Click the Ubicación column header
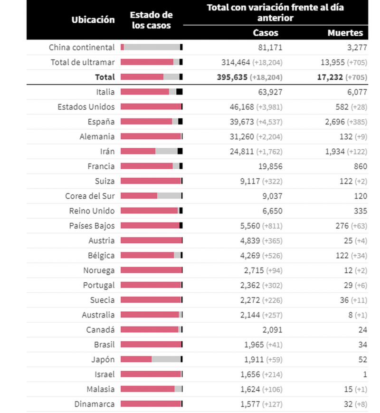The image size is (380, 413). click(x=93, y=19)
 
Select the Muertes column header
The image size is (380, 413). click(x=345, y=33)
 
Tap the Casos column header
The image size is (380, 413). click(x=266, y=33)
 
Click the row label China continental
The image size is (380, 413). click(x=82, y=47)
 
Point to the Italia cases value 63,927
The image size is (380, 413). click(x=269, y=92)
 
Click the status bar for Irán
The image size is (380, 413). click(x=152, y=151)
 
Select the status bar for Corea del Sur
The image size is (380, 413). click(x=152, y=196)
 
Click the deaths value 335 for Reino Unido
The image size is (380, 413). click(x=361, y=211)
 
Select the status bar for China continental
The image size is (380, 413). click(x=152, y=47)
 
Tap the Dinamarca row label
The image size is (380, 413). click(x=95, y=404)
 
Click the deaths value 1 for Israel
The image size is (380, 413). click(x=365, y=374)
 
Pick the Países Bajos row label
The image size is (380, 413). click(x=92, y=225)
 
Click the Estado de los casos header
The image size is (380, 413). click(x=152, y=20)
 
